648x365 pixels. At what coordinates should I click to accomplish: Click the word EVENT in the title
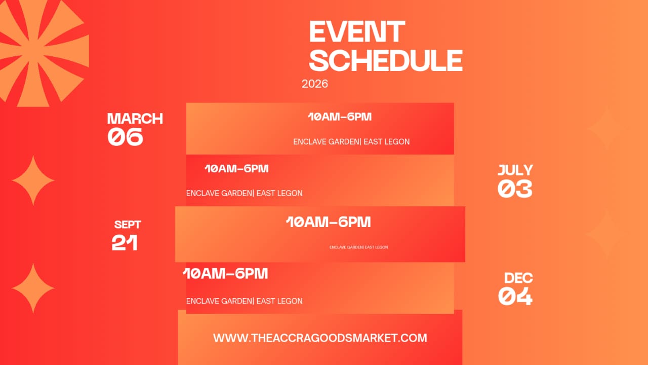(357, 31)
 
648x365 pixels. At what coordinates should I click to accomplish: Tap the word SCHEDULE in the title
(386, 60)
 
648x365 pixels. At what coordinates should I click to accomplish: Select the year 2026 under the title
(315, 84)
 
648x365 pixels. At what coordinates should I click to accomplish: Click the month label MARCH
(135, 119)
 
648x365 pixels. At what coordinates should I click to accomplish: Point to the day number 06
(125, 136)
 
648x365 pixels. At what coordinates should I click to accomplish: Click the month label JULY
(515, 170)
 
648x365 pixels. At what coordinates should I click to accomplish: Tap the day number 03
(515, 189)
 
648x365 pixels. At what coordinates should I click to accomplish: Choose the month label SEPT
(128, 225)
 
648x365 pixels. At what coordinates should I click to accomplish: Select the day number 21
(125, 242)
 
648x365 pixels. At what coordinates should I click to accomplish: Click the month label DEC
(518, 278)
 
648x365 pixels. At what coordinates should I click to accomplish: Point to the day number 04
(515, 296)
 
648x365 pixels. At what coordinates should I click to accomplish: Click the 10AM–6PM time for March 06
(340, 117)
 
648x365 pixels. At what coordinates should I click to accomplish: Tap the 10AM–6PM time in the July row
(236, 169)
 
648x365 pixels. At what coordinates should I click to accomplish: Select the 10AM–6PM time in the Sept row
(329, 222)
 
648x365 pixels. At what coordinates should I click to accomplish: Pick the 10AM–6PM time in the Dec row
(225, 273)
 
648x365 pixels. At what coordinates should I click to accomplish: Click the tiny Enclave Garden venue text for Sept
(359, 247)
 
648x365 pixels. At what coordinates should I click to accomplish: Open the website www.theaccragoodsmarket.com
(320, 338)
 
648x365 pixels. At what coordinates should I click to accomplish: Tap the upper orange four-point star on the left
(33, 180)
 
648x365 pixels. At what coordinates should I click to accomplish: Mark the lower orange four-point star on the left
(33, 288)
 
